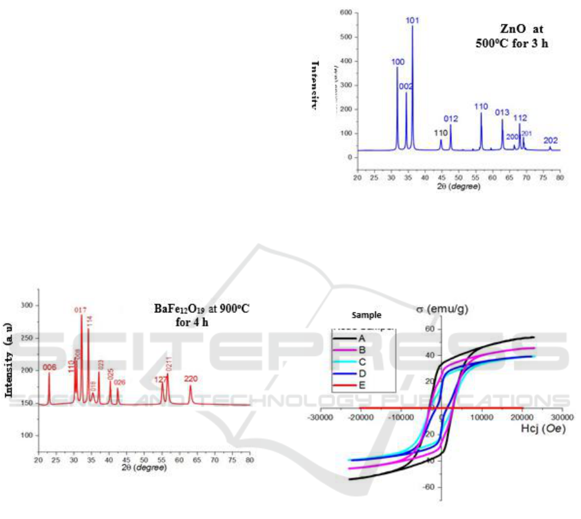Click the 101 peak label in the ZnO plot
[413, 20]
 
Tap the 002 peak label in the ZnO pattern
[406, 86]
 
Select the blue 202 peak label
[551, 140]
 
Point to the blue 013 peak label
[502, 113]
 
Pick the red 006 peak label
[49, 367]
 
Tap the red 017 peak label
[81, 309]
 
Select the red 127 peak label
[161, 379]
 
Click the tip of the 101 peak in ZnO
[412, 26]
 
